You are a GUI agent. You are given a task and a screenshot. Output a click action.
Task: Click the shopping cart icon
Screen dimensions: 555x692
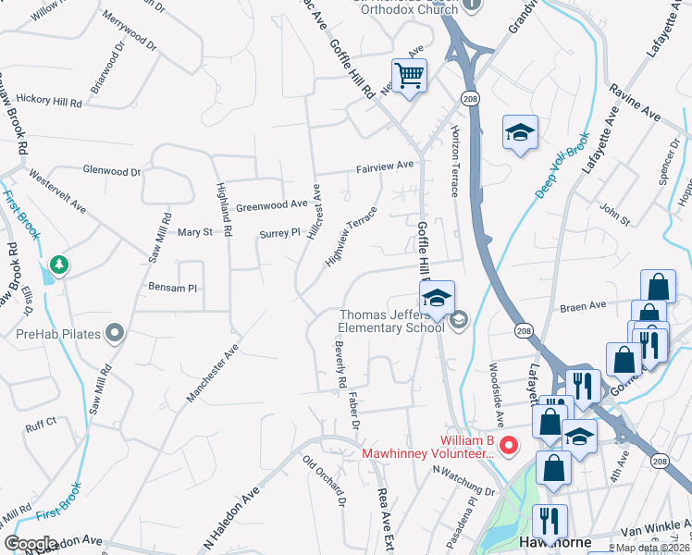[408, 75]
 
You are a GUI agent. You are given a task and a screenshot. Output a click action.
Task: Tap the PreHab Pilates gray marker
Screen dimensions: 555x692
[115, 332]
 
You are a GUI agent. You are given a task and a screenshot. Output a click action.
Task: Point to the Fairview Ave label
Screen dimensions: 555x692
[386, 166]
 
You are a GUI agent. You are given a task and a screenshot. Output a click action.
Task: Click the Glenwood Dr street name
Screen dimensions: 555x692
[112, 171]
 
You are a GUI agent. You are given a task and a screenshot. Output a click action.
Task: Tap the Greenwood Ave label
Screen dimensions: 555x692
[271, 204]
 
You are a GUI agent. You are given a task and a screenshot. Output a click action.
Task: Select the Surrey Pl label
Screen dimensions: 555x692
[279, 233]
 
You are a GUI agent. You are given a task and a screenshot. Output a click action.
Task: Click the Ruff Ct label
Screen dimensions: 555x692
[42, 425]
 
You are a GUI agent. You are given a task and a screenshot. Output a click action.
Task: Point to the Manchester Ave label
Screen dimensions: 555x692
[213, 374]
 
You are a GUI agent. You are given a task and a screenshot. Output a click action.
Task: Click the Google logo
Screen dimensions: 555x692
[31, 543]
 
